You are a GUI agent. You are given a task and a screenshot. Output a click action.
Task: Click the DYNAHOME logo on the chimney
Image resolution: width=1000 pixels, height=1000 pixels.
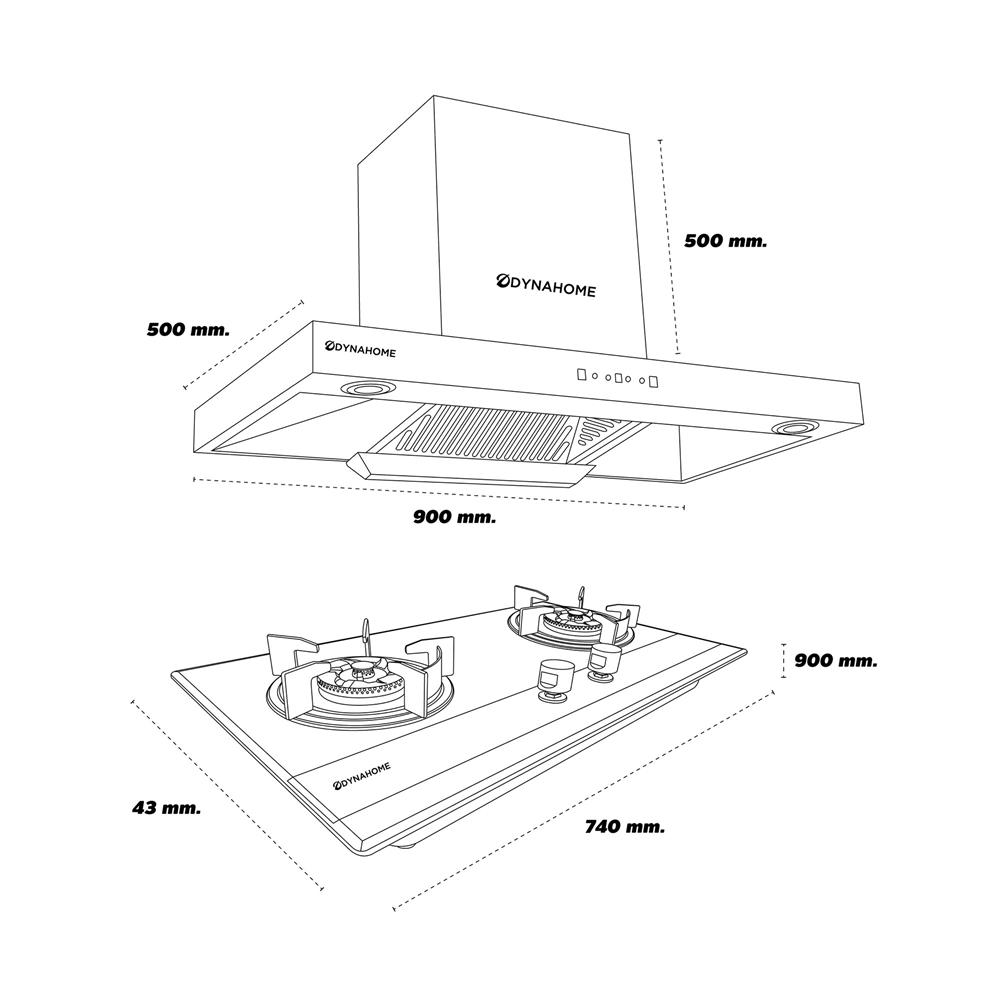547,288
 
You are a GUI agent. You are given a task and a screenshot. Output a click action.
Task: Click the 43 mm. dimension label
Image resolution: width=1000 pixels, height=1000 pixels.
165,807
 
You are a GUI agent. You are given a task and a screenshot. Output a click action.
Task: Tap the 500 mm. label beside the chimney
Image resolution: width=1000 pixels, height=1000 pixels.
725,240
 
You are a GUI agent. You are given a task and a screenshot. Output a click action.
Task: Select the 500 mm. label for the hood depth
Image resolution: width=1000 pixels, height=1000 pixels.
187,329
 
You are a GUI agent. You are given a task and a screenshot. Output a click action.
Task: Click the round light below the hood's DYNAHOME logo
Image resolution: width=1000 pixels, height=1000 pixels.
365,389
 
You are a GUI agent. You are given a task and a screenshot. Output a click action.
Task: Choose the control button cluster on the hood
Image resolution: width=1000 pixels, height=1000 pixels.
615,378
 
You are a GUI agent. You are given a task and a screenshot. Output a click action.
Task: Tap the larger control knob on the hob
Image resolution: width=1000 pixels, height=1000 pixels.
553,676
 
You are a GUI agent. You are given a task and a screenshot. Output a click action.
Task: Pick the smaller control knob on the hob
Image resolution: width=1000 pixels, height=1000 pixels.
604,660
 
